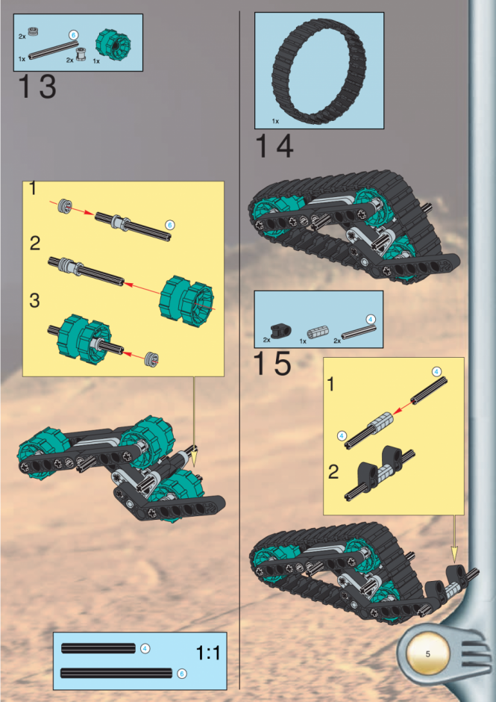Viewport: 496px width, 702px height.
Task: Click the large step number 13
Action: click(37, 86)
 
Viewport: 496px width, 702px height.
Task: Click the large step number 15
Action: click(272, 364)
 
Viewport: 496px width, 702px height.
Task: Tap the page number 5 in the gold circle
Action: click(427, 654)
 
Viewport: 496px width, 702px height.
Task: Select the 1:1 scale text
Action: click(208, 653)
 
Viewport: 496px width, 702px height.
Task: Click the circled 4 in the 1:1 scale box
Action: click(145, 647)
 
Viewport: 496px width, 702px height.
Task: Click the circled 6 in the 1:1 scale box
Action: click(181, 674)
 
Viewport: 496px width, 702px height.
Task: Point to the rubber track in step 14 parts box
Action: click(319, 72)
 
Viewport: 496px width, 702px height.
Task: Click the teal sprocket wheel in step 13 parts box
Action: click(113, 45)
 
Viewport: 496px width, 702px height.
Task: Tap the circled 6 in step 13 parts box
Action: click(73, 35)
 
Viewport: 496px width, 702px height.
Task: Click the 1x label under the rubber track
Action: click(275, 121)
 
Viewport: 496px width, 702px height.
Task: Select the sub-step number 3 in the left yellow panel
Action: click(34, 300)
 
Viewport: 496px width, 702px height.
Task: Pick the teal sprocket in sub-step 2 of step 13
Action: click(186, 301)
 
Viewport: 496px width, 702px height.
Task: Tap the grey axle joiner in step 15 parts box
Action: click(316, 334)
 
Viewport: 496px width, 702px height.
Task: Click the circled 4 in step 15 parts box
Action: click(371, 319)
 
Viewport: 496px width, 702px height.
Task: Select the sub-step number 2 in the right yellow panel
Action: click(333, 472)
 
